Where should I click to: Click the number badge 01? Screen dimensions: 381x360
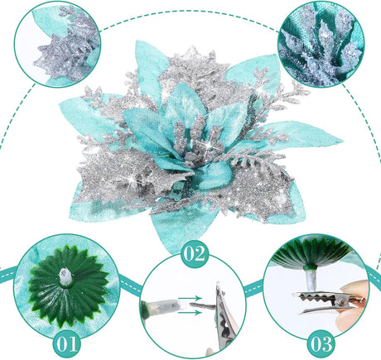67,343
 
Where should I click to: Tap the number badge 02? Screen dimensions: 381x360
195,254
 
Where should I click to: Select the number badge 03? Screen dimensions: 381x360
321,343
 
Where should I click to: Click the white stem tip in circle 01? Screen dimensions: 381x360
65,276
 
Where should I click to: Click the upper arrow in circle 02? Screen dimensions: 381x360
190,298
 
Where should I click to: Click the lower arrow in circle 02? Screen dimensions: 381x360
190,313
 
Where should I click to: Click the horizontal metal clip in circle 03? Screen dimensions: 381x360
329,303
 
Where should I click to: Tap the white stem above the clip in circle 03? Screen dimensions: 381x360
310,281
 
